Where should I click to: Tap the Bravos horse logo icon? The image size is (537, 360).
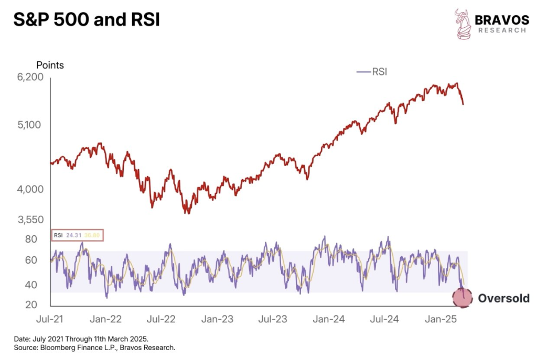[463, 24]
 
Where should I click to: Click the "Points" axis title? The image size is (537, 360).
[50, 66]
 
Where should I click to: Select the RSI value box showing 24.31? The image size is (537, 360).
[78, 235]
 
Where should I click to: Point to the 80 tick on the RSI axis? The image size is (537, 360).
[31, 239]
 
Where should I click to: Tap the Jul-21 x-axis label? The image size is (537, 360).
[50, 319]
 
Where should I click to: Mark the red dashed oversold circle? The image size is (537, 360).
[462, 298]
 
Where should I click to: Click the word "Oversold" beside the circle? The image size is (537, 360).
[503, 299]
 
